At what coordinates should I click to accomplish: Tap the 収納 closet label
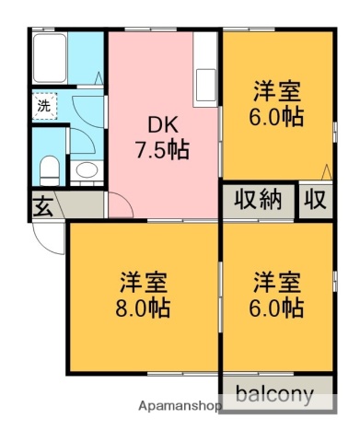coord(257,200)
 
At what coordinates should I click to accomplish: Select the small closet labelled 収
coord(316,200)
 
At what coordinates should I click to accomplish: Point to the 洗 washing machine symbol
coord(43,106)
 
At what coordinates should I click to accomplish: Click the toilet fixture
coord(50,169)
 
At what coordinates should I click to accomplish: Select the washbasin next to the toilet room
coord(88,171)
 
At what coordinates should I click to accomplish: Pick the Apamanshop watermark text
coord(180,406)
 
